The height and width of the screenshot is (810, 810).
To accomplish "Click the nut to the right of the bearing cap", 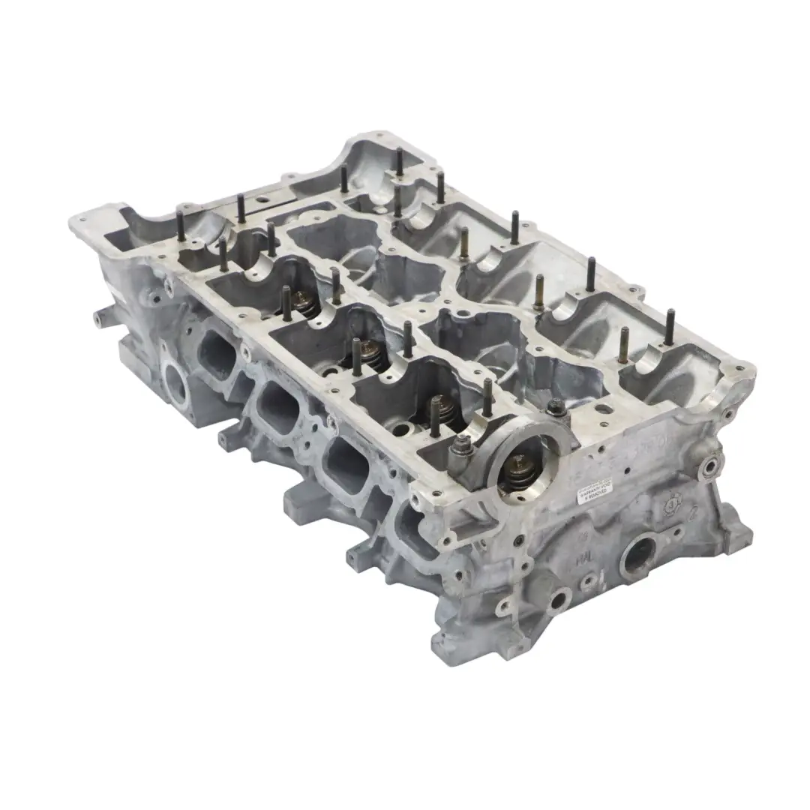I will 556,406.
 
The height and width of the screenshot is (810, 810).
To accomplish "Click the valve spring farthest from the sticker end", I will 303,301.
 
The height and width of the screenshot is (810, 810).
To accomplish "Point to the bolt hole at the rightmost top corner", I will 741,368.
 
